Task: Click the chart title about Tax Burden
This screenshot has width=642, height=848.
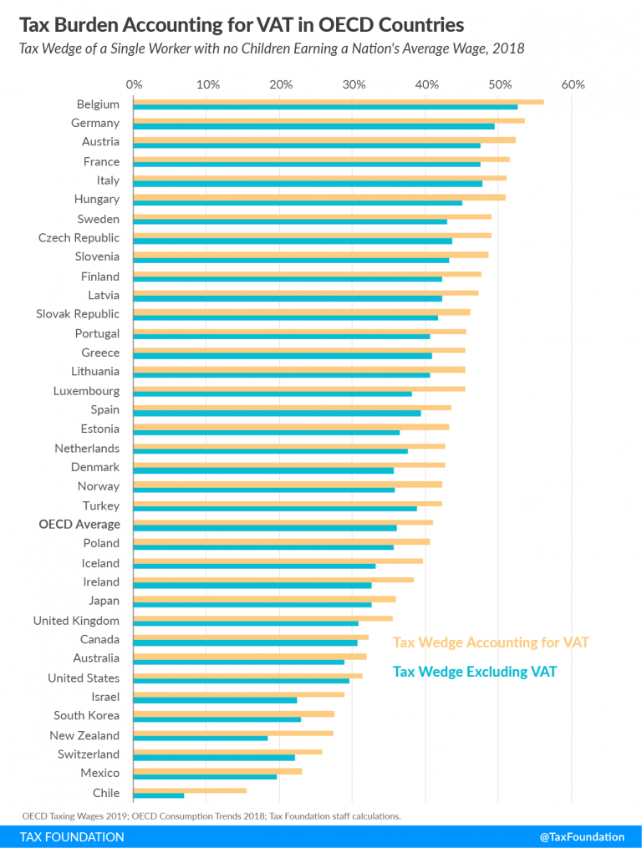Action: click(242, 23)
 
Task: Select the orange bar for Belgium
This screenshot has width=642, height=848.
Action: click(338, 101)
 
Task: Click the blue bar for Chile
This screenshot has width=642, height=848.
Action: click(158, 795)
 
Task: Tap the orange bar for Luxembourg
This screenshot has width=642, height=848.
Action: click(298, 388)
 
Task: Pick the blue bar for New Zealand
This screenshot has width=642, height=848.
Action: click(200, 738)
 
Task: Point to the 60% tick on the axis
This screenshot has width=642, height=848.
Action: click(573, 84)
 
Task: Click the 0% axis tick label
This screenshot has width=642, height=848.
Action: click(134, 84)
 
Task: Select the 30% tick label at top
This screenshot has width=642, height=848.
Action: click(354, 84)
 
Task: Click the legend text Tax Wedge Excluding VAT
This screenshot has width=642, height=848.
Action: click(475, 671)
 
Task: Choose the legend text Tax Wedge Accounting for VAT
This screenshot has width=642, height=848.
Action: click(491, 642)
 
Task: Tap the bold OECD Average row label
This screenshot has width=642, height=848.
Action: click(79, 525)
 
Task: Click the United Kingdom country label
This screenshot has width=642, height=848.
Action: click(76, 621)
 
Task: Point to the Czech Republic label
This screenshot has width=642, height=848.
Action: click(79, 238)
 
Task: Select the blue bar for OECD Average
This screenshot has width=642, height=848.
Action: click(264, 528)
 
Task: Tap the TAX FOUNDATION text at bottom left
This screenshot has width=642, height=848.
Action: click(72, 836)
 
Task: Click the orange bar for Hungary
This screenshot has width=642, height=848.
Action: click(318, 197)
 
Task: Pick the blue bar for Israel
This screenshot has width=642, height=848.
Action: click(215, 700)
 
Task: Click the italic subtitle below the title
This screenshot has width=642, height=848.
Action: click(272, 48)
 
